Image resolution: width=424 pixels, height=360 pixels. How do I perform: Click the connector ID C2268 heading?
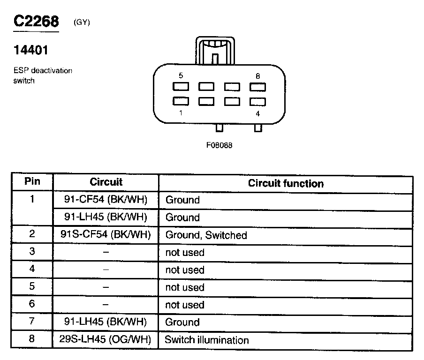click(36, 22)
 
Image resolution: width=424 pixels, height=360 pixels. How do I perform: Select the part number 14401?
click(31, 50)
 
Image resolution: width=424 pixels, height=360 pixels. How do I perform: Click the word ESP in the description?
click(20, 71)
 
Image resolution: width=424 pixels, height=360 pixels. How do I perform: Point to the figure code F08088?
click(219, 145)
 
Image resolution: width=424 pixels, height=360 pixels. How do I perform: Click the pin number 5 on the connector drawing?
click(181, 75)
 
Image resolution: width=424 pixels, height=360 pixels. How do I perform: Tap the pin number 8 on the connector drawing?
click(257, 75)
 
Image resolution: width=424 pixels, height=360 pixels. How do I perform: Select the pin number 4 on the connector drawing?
click(257, 113)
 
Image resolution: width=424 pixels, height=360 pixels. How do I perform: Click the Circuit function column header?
click(286, 183)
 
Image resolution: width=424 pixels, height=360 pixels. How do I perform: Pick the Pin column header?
click(32, 181)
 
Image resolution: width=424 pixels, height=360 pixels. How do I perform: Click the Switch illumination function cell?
click(206, 340)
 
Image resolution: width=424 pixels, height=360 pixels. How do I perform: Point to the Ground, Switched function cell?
click(206, 235)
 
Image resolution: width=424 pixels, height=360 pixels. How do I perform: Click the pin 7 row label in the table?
click(32, 321)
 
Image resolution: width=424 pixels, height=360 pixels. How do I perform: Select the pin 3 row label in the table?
click(32, 251)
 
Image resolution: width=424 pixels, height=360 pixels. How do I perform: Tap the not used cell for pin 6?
click(185, 305)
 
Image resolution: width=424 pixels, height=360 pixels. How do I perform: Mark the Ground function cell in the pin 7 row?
click(182, 322)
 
